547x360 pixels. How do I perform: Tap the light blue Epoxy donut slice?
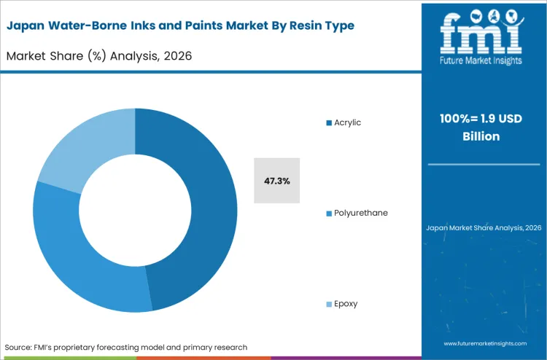click(x=80, y=146)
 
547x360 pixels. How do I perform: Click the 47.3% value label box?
click(x=276, y=179)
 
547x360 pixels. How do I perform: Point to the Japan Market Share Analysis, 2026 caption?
click(x=484, y=228)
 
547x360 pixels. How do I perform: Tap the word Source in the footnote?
click(x=20, y=347)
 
